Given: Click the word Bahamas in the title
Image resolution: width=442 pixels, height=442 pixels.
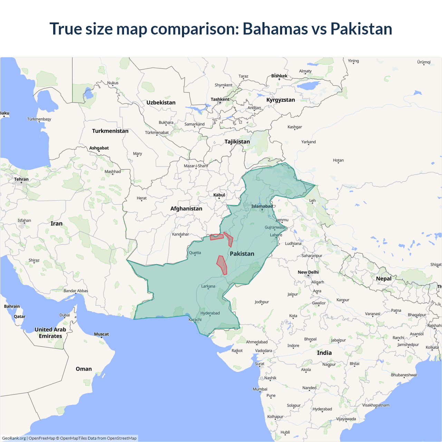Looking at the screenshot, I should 275,29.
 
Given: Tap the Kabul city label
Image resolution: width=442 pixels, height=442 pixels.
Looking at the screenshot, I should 219,195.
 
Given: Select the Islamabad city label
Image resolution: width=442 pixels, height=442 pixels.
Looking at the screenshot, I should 262,206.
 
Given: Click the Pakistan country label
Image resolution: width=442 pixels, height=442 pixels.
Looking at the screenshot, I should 242,254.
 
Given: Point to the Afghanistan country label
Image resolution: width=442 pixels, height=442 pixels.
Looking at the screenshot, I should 186,209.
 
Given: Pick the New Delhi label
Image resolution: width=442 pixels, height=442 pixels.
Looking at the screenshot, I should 308,272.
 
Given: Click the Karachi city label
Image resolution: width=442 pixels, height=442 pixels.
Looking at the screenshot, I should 195,320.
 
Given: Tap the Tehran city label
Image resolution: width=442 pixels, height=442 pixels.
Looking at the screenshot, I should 21,179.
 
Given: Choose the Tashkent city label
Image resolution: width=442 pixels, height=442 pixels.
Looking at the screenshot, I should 220,99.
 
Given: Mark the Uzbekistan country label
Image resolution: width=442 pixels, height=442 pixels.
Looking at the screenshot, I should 161,103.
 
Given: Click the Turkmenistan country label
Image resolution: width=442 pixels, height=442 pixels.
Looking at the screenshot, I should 110,131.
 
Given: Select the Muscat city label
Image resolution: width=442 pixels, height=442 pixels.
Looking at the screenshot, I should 102,334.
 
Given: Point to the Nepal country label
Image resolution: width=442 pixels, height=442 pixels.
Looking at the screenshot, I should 384,279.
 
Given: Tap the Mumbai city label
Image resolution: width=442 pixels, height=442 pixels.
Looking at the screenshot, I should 260,389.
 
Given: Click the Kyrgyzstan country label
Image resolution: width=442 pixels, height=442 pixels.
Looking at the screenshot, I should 280,100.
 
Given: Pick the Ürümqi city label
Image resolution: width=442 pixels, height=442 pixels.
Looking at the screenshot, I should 424,62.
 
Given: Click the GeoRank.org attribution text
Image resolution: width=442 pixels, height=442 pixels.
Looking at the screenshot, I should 14,438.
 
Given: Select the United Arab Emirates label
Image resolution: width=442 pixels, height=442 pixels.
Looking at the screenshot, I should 50,333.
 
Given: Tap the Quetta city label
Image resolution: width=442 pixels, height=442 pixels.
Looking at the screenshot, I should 195,253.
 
